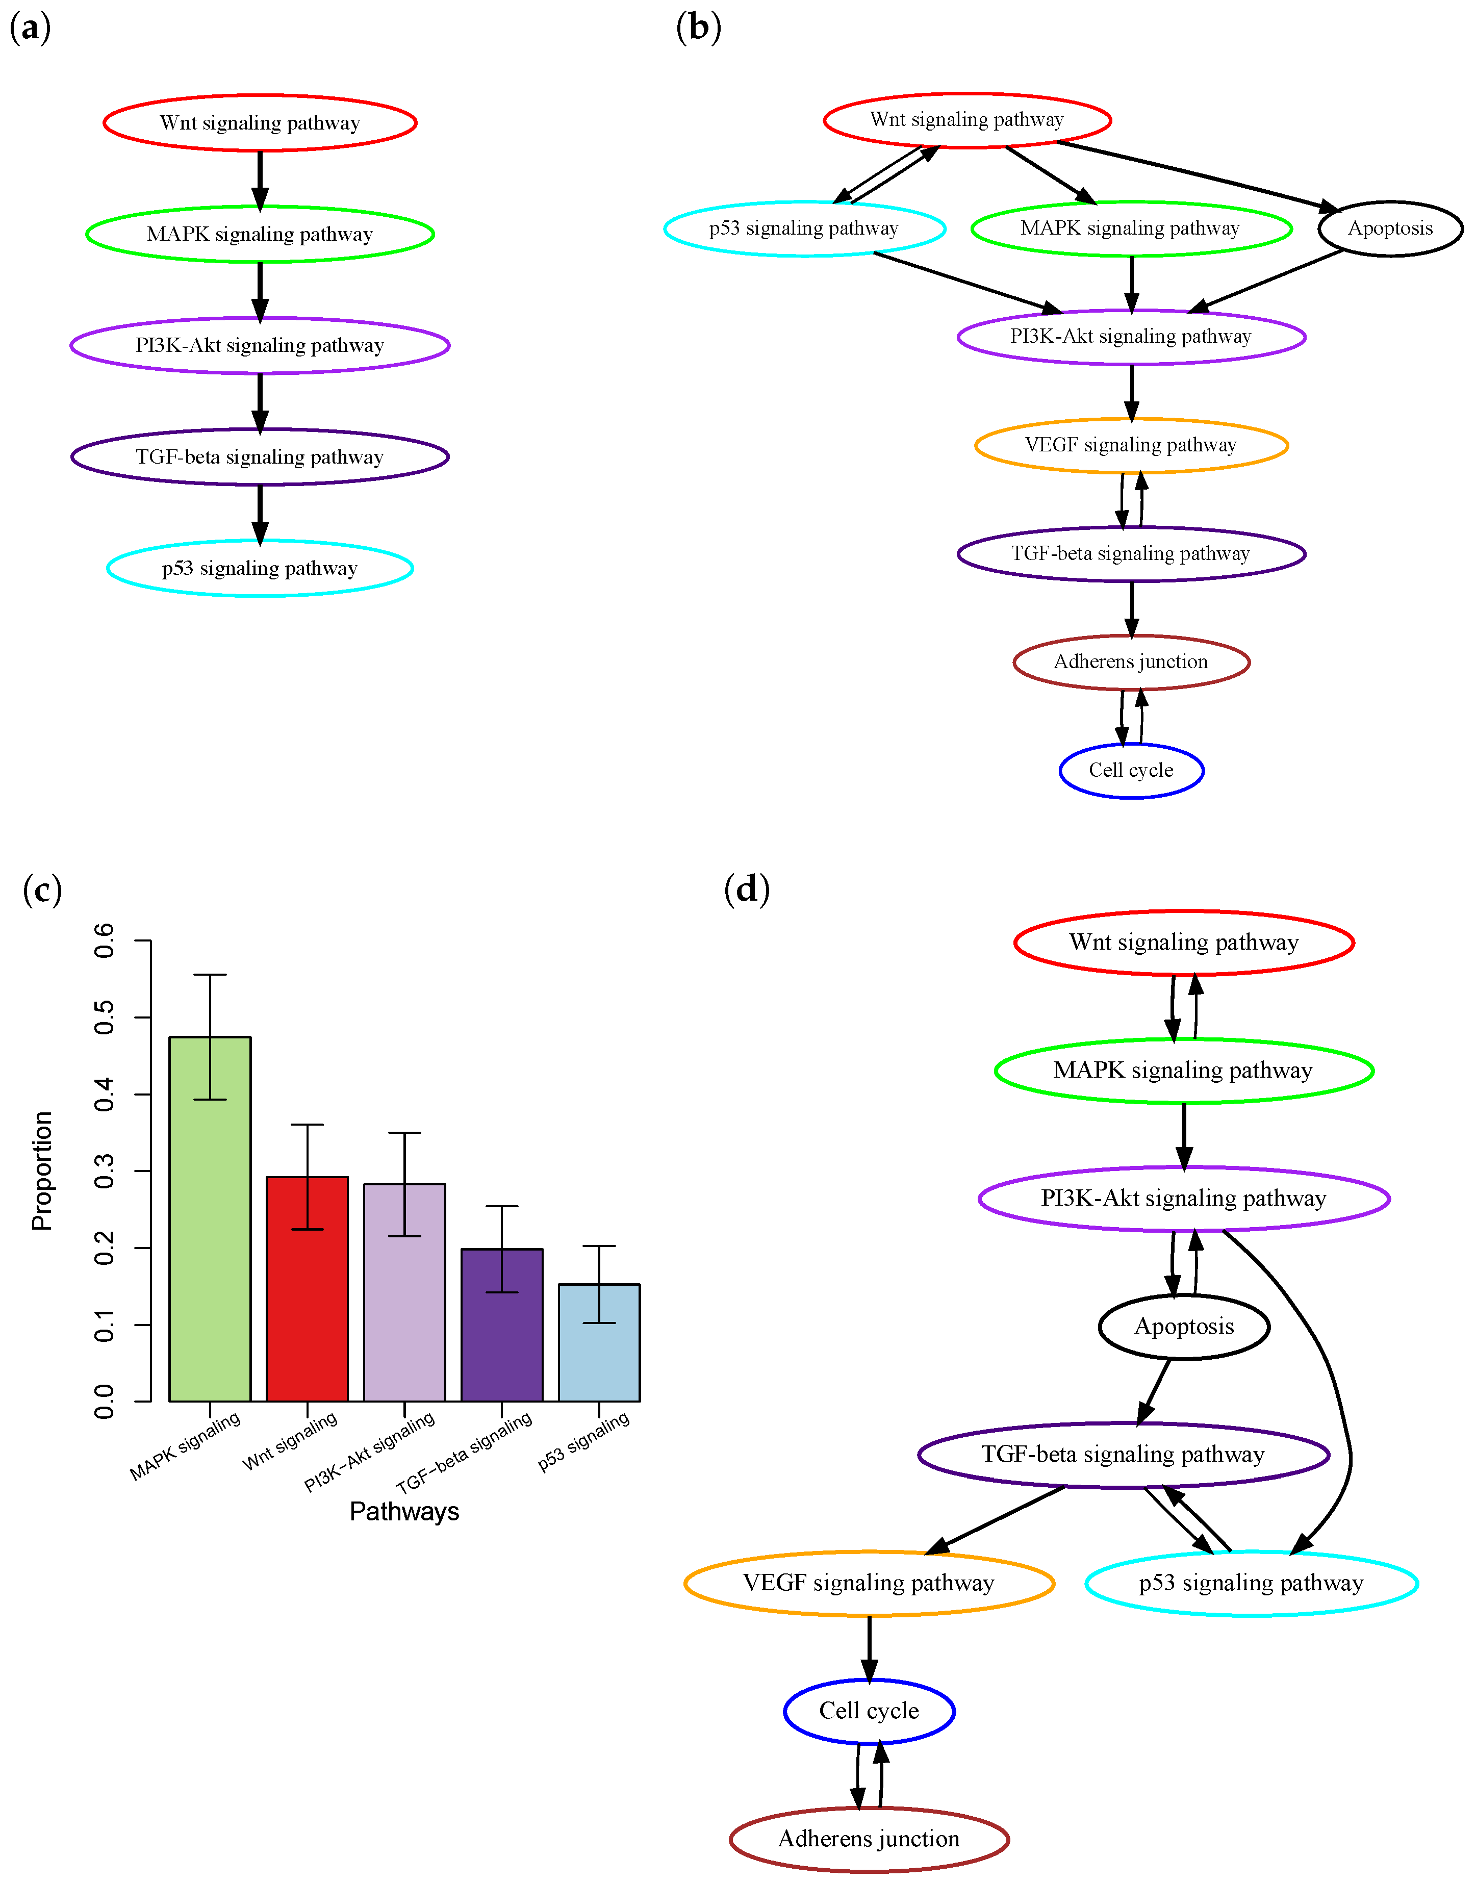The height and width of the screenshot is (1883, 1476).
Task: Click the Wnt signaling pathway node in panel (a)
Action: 260,123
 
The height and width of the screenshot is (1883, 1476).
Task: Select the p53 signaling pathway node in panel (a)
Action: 260,568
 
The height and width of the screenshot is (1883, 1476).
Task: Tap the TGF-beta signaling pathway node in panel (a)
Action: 260,456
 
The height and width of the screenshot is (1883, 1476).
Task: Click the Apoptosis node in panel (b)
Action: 1390,228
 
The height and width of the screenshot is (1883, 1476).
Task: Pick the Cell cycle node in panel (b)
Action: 1131,770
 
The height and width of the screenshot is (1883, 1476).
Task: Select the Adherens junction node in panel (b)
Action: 1131,662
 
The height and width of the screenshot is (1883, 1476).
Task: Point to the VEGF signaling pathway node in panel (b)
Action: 1131,445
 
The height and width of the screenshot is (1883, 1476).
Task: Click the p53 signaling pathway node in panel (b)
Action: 804,228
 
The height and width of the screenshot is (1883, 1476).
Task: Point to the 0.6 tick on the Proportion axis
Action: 104,940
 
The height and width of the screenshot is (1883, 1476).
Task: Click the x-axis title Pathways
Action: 404,1511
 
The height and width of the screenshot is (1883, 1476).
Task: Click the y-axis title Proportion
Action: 41,1171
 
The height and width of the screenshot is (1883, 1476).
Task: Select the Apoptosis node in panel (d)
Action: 1184,1327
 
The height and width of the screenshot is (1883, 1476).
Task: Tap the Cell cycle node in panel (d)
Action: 870,1711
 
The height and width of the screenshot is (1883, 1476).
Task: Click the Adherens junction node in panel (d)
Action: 870,1838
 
